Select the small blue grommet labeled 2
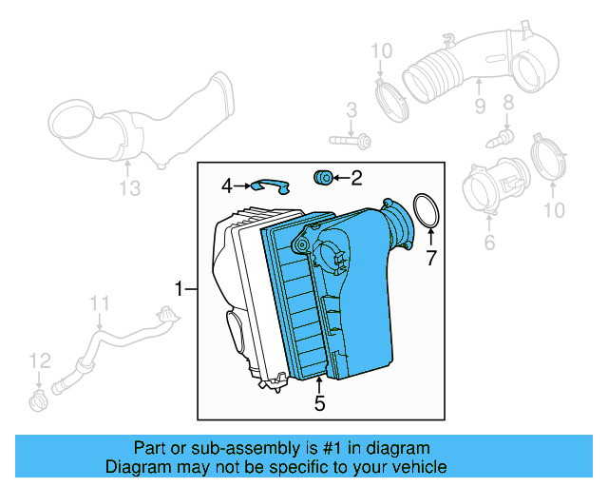click(x=322, y=176)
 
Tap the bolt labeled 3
click(x=353, y=141)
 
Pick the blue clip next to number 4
click(x=270, y=185)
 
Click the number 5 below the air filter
click(x=319, y=404)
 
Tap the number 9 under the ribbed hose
click(x=480, y=104)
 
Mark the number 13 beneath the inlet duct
click(x=129, y=189)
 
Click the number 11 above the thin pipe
click(x=101, y=303)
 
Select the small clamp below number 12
click(x=37, y=397)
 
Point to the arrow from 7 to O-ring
click(x=429, y=238)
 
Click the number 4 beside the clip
click(x=227, y=185)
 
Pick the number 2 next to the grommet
click(x=356, y=177)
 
